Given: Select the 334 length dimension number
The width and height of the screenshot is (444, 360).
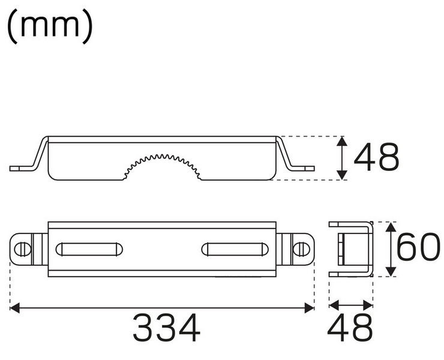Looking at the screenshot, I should coord(166,328).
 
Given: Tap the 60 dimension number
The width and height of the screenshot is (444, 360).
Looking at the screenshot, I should coord(418,248).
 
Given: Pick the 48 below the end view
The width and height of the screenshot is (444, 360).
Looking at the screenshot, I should coord(351,328).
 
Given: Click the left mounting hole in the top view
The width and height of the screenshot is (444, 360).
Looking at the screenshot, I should coord(22,248).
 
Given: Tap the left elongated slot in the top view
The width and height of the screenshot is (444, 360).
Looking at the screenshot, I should coord(89,248).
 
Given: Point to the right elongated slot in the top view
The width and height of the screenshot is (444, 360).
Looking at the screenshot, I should coord(235,248).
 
